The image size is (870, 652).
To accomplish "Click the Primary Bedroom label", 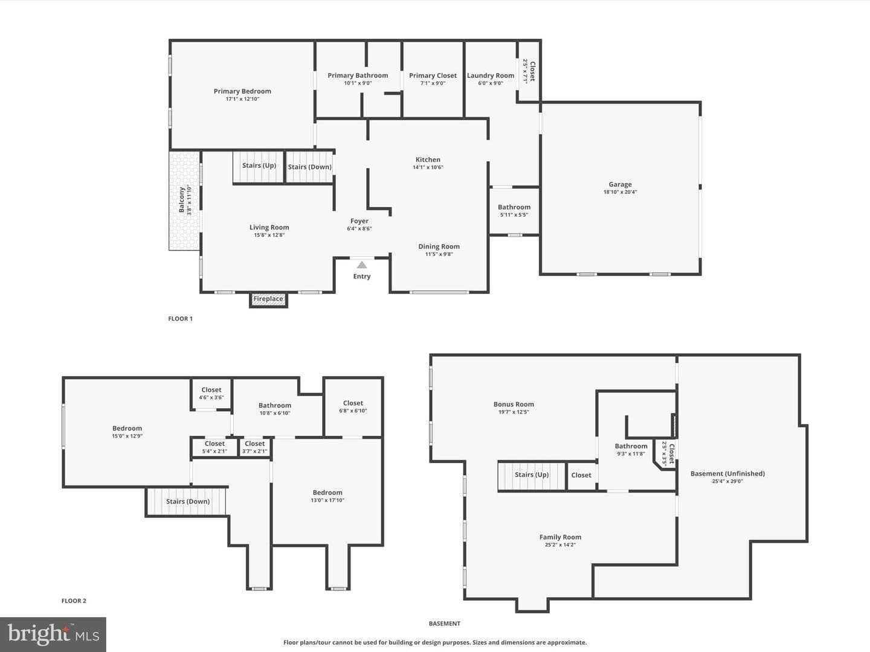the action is (242, 91).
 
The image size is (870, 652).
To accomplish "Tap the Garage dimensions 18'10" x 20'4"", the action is (620, 192).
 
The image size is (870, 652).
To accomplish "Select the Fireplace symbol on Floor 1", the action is (268, 299).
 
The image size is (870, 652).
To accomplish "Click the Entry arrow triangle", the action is (362, 265).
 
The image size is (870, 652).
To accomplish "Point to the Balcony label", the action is (181, 200).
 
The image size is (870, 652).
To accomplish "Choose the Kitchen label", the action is (428, 159).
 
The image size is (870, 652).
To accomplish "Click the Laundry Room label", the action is (491, 75).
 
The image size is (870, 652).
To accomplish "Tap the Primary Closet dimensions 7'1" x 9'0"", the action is (433, 83).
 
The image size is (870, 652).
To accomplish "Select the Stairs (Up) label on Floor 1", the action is (259, 165).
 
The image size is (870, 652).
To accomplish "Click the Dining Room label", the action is (439, 246).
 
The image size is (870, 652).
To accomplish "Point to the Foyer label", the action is (359, 221).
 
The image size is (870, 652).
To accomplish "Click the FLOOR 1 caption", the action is (180, 319).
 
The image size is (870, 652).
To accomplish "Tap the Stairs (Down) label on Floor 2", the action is (187, 501).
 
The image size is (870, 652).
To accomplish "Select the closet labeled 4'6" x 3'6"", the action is (211, 394).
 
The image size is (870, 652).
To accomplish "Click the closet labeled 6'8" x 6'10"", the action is (353, 407).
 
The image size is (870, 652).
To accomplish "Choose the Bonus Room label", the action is (514, 404).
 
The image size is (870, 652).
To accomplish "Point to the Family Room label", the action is (560, 537).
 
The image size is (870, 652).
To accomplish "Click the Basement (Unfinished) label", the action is (727, 473).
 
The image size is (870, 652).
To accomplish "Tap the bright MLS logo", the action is (53, 634).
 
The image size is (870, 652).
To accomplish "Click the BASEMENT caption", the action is (444, 624).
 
